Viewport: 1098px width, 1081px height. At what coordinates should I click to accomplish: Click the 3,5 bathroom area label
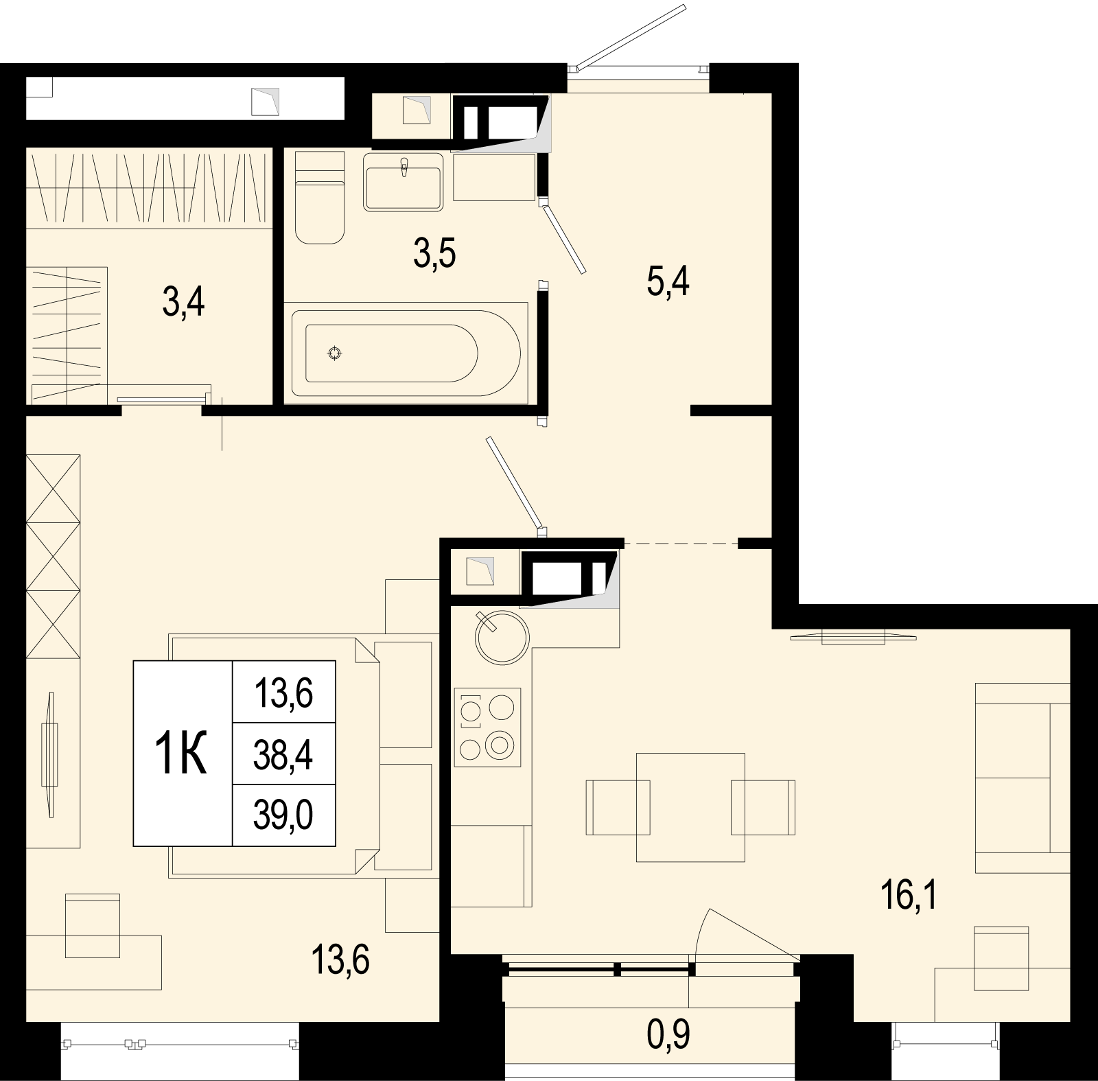435,254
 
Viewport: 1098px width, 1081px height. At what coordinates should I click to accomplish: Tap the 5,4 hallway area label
668,281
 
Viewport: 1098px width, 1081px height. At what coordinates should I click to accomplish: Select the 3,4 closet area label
184,302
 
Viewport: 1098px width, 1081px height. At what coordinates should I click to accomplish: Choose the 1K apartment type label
181,752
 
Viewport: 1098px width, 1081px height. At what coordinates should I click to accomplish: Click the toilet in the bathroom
319,197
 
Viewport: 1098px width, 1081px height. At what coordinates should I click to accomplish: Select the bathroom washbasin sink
404,181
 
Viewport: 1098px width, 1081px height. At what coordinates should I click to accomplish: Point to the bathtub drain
335,353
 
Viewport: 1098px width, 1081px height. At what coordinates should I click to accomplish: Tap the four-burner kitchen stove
487,728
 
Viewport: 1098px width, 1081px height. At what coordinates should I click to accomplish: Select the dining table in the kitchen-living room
690,806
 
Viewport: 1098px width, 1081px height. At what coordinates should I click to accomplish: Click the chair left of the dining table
618,807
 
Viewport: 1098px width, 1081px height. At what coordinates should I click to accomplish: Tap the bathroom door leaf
564,236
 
